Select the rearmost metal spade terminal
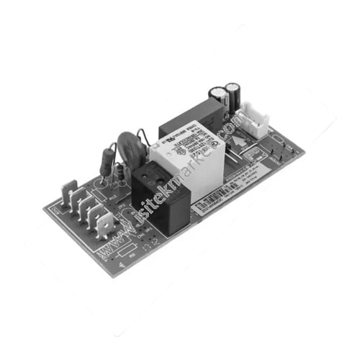click(x=71, y=191)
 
